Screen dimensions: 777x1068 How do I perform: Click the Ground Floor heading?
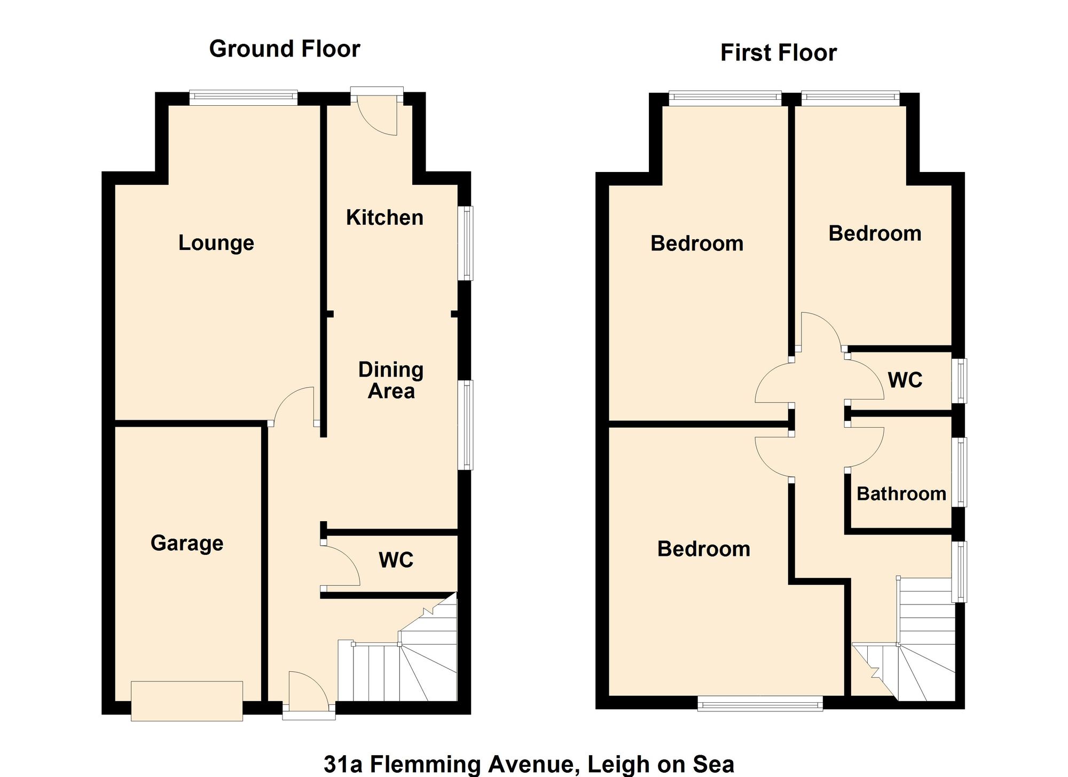[285, 49]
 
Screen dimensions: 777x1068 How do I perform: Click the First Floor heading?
[778, 53]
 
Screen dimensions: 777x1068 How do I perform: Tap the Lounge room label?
[216, 243]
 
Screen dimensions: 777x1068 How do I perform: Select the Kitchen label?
[384, 218]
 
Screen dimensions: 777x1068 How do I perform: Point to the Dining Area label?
[391, 380]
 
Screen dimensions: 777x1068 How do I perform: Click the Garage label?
[187, 543]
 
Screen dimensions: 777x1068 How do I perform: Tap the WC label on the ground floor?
[396, 560]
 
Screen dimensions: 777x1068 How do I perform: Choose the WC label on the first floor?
[905, 380]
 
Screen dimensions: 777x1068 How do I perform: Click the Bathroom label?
[901, 494]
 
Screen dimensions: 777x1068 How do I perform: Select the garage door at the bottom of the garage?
[187, 701]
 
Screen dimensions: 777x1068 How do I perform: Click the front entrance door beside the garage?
[309, 694]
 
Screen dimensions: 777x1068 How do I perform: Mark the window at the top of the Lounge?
[244, 97]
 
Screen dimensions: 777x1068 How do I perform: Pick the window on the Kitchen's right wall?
[467, 243]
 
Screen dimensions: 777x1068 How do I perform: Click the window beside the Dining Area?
[467, 425]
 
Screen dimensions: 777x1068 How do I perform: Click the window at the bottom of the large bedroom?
[760, 704]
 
